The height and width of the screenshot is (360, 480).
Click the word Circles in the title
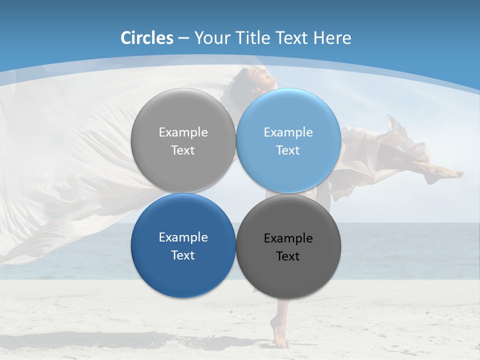point(147,38)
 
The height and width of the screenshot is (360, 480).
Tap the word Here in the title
point(332,38)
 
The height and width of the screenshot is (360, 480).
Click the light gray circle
point(183,140)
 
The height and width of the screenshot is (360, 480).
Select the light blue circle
point(288,140)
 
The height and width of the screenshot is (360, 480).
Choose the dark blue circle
point(183,245)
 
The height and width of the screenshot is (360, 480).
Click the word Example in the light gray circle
point(183,132)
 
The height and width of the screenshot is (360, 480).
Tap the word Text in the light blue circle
point(288,150)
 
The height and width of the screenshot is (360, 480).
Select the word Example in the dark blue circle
point(183,237)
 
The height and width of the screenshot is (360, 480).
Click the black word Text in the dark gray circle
point(288,256)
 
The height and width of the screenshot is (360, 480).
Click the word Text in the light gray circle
point(183,150)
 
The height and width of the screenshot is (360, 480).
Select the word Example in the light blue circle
point(288,132)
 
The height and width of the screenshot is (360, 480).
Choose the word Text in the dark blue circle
point(183,255)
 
